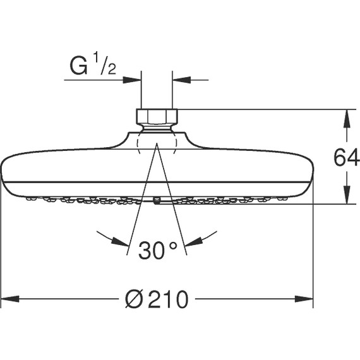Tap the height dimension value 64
click(346, 157)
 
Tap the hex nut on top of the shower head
click(157, 117)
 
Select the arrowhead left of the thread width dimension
click(133, 80)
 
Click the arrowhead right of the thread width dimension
click(180, 80)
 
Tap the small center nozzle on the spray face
click(157, 201)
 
